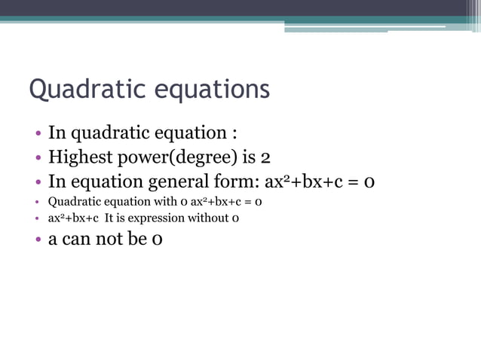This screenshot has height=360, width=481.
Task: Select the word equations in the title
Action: [212, 90]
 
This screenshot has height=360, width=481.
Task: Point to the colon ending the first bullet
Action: [234, 134]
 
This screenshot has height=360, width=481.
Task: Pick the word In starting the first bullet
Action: [57, 133]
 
